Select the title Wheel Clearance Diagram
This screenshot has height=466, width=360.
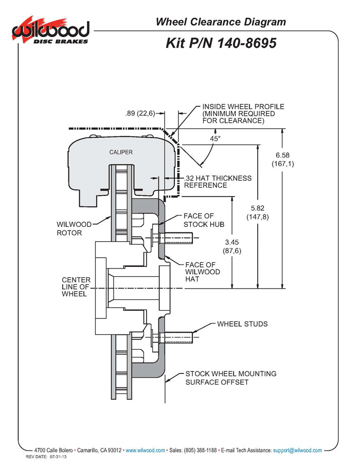221,22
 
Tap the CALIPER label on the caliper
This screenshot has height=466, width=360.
121,152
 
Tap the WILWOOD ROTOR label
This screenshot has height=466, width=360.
74,228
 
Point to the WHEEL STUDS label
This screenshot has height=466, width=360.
242,324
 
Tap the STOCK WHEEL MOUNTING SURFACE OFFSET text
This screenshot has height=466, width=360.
230,378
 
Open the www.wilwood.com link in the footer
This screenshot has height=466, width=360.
145,451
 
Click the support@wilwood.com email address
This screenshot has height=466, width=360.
297,451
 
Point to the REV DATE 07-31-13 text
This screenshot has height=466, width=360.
48,457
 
